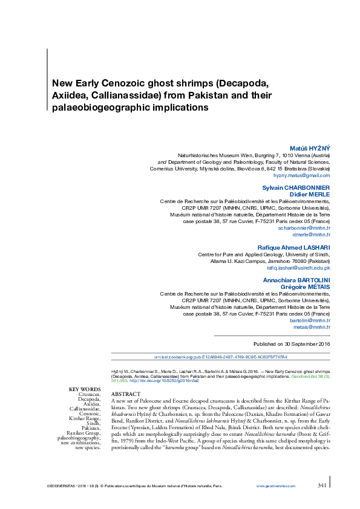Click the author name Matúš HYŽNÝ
(310, 148)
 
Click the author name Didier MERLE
(311, 194)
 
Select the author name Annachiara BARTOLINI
(296, 280)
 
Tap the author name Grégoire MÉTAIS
(307, 287)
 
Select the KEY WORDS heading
(85, 389)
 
